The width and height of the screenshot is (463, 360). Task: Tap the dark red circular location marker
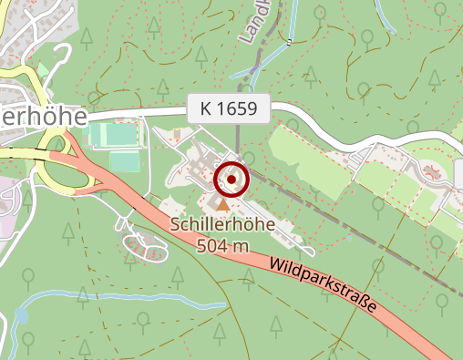[231, 180]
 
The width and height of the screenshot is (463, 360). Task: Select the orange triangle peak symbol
[223, 204]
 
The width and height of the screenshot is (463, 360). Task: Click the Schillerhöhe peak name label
[223, 226]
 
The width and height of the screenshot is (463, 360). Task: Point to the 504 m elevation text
[222, 245]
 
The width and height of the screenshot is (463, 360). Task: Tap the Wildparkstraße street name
[323, 288]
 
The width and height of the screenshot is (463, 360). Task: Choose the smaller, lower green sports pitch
[125, 161]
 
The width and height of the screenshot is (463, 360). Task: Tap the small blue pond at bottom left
[21, 315]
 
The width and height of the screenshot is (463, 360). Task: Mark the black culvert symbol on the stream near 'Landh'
[287, 41]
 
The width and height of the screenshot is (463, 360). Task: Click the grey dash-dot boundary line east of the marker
[365, 228]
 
